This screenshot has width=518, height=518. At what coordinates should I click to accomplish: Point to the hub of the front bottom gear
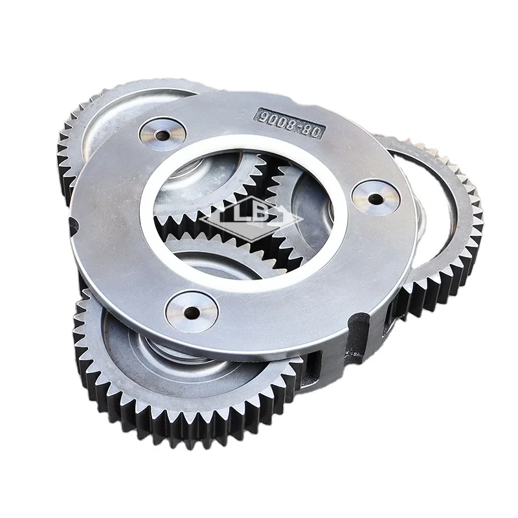(178, 350)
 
